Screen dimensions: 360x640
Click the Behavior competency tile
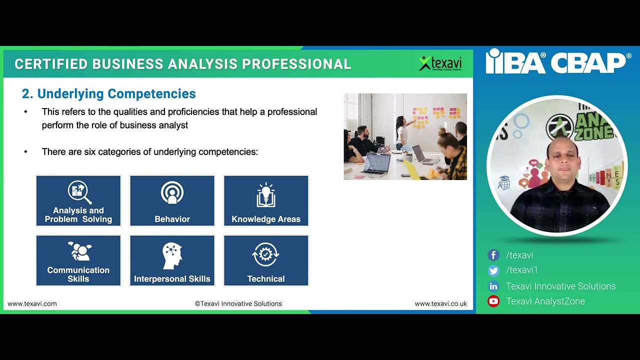pyautogui.click(x=172, y=201)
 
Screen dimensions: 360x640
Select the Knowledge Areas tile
pyautogui.click(x=266, y=201)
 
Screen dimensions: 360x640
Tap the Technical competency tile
pyautogui.click(x=266, y=260)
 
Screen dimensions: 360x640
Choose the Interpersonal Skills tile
pyautogui.click(x=172, y=260)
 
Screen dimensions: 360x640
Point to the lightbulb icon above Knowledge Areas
pyautogui.click(x=266, y=194)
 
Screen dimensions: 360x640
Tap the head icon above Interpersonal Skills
pyautogui.click(x=172, y=255)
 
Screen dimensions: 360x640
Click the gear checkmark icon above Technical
pyautogui.click(x=265, y=254)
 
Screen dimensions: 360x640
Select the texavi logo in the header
pyautogui.click(x=440, y=63)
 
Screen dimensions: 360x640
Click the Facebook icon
pyautogui.click(x=493, y=255)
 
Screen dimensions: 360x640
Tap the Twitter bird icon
pyautogui.click(x=493, y=270)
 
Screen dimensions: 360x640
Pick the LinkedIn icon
pyautogui.click(x=493, y=286)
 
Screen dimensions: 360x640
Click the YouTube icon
pyautogui.click(x=493, y=301)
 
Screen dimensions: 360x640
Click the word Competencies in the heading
pyautogui.click(x=151, y=93)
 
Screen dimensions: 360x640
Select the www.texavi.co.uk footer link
pyautogui.click(x=440, y=303)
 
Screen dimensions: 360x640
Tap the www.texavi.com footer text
pyautogui.click(x=32, y=303)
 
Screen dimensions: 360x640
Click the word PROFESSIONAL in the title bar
pyautogui.click(x=296, y=64)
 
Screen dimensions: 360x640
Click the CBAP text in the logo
pyautogui.click(x=589, y=62)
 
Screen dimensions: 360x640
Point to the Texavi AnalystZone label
pyautogui.click(x=545, y=301)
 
